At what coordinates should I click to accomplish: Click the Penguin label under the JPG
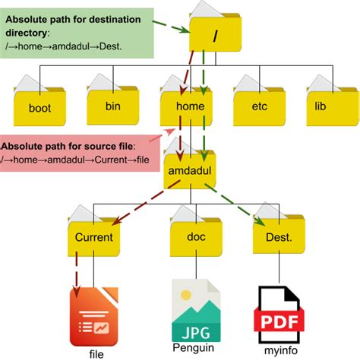[x=195, y=347]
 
